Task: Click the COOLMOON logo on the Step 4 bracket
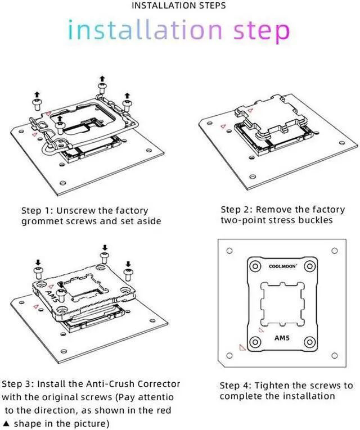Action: [x=282, y=268]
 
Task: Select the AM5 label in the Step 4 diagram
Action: [x=282, y=340]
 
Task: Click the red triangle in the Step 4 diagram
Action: [x=242, y=348]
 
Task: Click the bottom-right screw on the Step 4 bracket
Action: [x=310, y=342]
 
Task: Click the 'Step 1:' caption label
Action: [x=37, y=210]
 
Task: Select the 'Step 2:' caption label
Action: [x=236, y=209]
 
